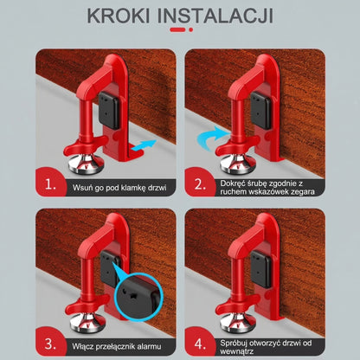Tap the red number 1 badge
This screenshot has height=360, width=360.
[52, 183]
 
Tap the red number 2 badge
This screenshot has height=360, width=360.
[202, 183]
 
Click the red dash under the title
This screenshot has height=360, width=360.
[179, 33]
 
